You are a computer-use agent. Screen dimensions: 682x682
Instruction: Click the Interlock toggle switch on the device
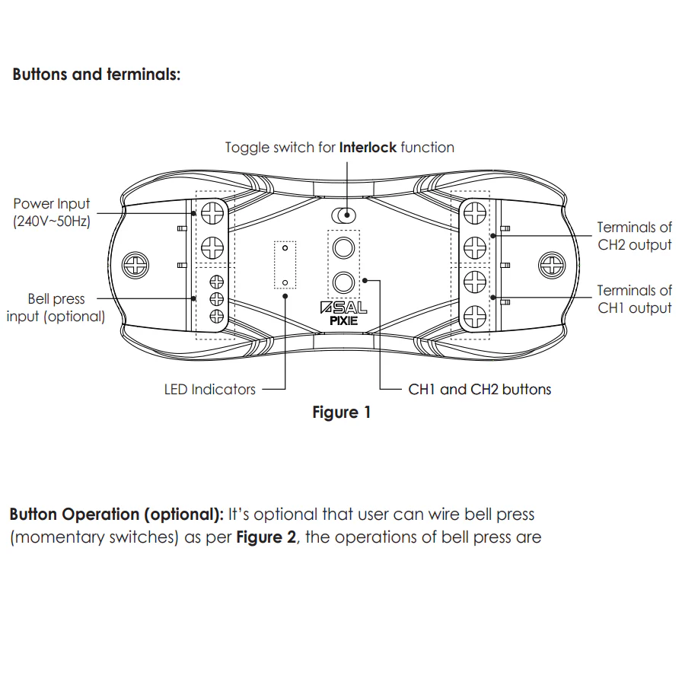point(343,215)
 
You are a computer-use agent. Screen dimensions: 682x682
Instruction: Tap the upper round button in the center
point(344,249)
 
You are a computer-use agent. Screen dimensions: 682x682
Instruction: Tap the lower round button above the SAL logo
point(344,282)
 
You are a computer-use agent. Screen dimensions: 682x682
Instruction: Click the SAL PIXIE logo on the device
point(344,314)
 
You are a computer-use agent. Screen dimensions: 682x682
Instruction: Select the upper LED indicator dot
point(285,248)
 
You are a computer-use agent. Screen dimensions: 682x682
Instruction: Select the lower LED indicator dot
point(285,282)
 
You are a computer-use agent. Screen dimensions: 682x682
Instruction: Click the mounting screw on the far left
point(136,265)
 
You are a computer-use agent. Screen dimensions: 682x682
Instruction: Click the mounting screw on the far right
point(550,265)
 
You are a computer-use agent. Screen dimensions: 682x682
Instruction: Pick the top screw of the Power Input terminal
point(212,213)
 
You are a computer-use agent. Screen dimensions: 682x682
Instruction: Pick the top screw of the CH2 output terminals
point(474,214)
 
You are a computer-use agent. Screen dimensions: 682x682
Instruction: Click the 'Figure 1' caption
point(342,413)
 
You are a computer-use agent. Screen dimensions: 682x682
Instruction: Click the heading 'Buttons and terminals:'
point(97,75)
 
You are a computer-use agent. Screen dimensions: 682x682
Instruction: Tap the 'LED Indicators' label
point(210,389)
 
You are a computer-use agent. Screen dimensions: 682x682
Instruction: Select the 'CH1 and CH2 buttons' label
point(480,389)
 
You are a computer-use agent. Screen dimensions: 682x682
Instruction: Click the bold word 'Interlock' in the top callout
point(368,147)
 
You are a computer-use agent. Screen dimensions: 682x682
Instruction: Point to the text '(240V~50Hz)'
point(52,222)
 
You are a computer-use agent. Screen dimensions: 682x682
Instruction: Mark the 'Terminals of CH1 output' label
point(634,298)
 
